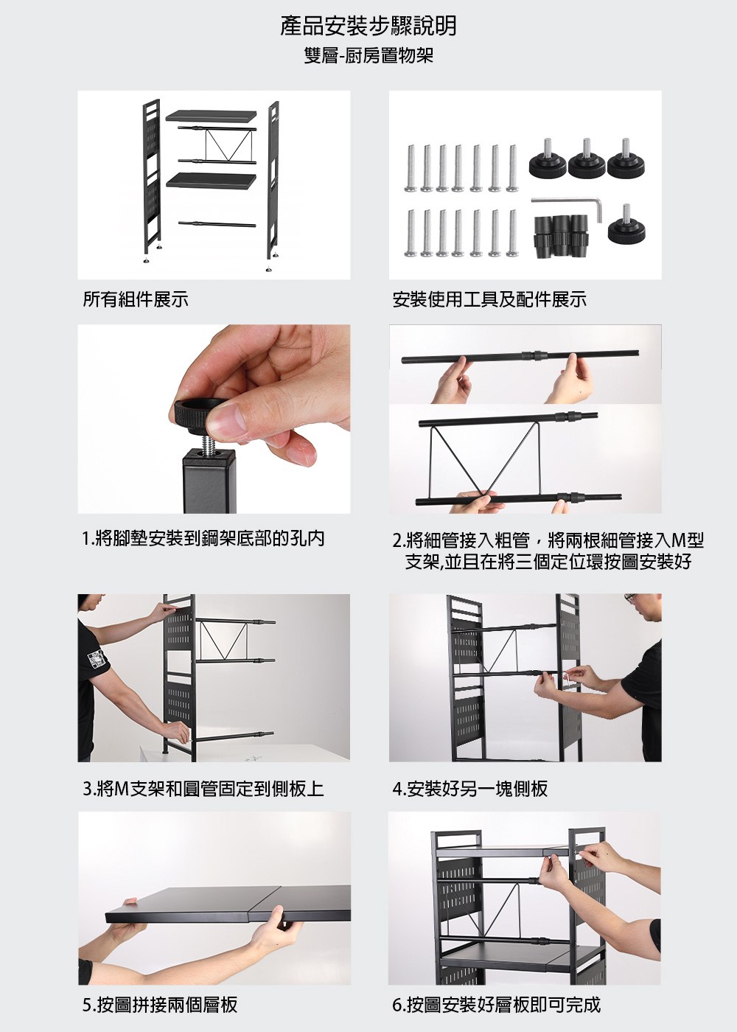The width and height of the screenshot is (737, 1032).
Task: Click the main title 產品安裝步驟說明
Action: [368, 27]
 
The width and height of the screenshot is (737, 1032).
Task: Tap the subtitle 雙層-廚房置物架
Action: [368, 56]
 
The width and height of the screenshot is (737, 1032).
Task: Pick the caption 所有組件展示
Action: [136, 299]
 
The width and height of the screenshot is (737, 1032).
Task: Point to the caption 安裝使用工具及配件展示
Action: [489, 299]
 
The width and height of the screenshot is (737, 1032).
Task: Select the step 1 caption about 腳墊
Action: [203, 538]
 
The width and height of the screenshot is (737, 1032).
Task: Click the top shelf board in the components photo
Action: [211, 116]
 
